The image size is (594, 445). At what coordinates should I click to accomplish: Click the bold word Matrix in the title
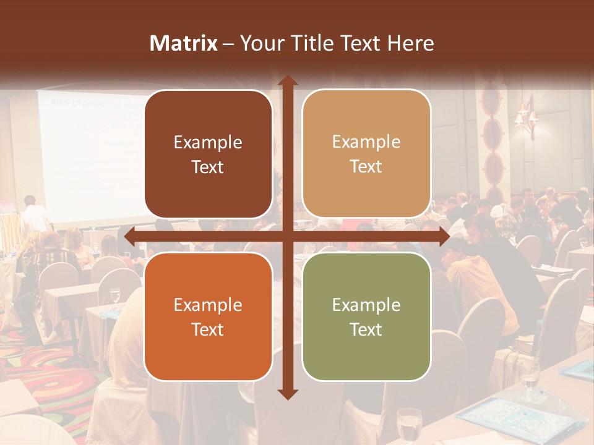coord(184,43)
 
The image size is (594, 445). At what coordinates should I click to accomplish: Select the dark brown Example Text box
coord(208,155)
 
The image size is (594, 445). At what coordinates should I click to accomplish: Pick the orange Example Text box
coord(208,316)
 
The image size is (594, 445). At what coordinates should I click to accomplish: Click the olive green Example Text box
coord(366,316)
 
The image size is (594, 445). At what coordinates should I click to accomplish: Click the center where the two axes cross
coord(288,236)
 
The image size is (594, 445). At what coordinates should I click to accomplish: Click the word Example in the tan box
coord(366,142)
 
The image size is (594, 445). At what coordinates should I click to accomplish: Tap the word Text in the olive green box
coord(366,329)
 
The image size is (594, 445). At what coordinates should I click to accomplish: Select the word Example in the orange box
coord(208,305)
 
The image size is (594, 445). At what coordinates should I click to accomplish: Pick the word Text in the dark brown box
coord(208,167)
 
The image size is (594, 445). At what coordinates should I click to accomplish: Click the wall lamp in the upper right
coord(526,117)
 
